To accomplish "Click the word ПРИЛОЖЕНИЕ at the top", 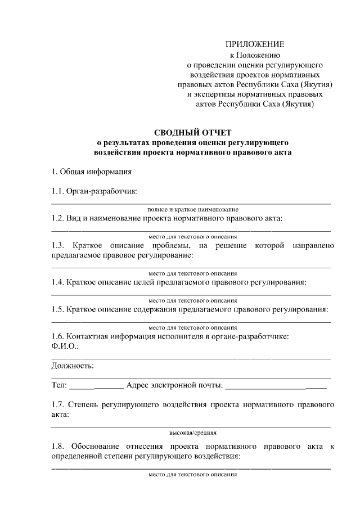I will click(x=255, y=44).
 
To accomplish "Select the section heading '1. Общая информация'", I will click(x=91, y=172).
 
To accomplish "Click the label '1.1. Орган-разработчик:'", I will click(x=94, y=192).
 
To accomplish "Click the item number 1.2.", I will click(x=57, y=218).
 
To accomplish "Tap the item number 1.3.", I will click(x=57, y=246).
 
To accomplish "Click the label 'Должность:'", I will click(x=73, y=366).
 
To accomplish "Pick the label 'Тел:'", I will click(x=59, y=386).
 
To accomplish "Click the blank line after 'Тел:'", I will click(x=96, y=388).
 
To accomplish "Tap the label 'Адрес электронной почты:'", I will click(x=175, y=386).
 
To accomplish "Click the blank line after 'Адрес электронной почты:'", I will click(x=275, y=388).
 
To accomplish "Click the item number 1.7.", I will click(x=57, y=404).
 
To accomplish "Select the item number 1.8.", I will click(x=57, y=447).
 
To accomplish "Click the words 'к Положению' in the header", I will click(x=255, y=55).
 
